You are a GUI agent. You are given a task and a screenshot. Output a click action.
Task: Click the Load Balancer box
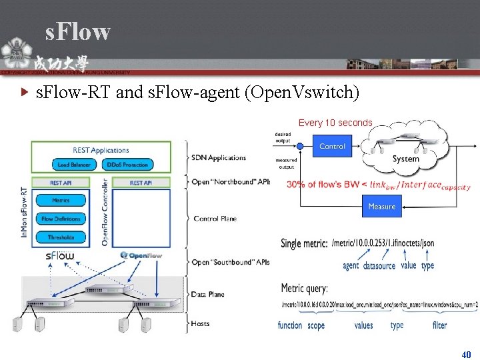coord(73,165)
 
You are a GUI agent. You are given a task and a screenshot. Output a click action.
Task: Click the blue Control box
coord(332,146)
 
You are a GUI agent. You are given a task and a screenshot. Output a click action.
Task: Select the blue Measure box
coord(382,207)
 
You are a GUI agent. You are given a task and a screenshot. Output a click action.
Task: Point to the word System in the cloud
coord(405,159)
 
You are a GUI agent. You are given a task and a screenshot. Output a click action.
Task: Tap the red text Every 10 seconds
coord(335,123)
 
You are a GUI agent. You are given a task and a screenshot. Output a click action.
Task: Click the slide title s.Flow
coord(77,31)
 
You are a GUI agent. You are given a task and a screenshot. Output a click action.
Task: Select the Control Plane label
coord(215,219)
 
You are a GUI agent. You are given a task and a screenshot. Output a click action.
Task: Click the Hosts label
coord(201,324)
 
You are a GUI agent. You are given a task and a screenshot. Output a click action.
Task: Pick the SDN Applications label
coord(219,158)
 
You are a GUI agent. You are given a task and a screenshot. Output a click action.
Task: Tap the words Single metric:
coord(304,243)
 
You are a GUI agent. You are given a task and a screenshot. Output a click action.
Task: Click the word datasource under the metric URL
coord(379,266)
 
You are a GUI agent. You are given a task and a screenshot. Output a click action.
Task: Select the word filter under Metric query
coord(440,325)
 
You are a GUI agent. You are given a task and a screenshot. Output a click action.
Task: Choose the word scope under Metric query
coord(316,325)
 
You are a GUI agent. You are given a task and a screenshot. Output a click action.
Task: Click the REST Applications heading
coord(101,150)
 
